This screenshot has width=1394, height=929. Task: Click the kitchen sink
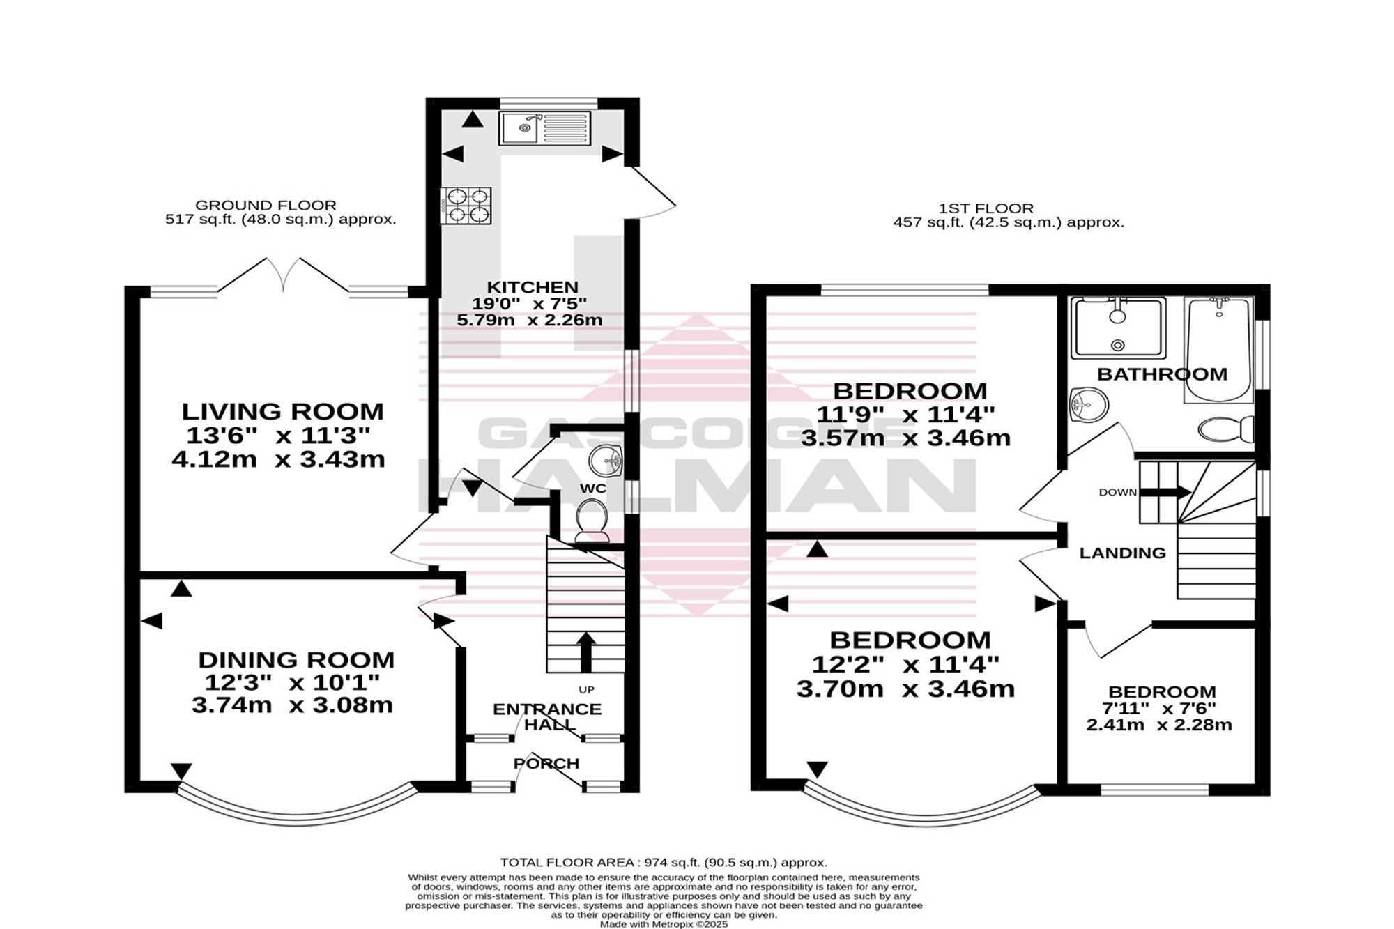click(544, 128)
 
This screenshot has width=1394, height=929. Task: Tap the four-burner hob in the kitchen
click(466, 206)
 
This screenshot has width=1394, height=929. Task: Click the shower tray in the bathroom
click(1118, 328)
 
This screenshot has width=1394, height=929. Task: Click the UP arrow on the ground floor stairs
click(585, 652)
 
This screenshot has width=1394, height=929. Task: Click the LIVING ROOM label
click(283, 411)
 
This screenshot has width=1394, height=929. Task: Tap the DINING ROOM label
click(296, 659)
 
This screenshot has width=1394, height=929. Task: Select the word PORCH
click(546, 763)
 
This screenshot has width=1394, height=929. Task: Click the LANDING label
click(1122, 553)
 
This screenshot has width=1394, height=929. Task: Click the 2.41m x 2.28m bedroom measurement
click(1159, 725)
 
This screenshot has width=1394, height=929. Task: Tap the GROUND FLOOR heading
click(266, 206)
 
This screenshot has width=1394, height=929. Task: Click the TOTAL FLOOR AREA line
click(664, 862)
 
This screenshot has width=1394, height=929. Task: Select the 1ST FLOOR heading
click(986, 208)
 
